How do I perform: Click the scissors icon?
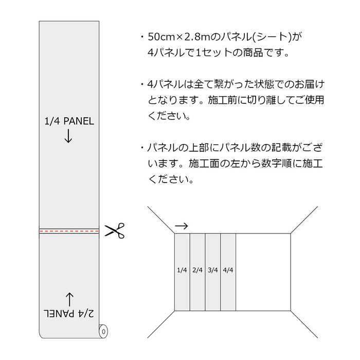point(115,230)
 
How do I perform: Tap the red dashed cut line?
point(69,231)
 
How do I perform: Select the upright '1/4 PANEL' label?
point(69,121)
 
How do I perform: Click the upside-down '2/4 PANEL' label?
point(68,313)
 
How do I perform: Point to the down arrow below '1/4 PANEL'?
point(68,136)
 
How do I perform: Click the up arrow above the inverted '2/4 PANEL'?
point(69,300)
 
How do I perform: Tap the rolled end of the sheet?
point(103,331)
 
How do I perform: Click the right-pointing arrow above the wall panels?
point(182,226)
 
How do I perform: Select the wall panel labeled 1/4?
point(182,272)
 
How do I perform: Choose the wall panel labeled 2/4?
point(197,272)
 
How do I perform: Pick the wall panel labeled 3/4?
point(213,272)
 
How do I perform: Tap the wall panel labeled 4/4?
point(228,272)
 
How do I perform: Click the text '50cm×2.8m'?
point(179,37)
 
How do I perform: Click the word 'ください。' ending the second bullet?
point(169,116)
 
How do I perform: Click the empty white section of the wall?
point(263,272)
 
